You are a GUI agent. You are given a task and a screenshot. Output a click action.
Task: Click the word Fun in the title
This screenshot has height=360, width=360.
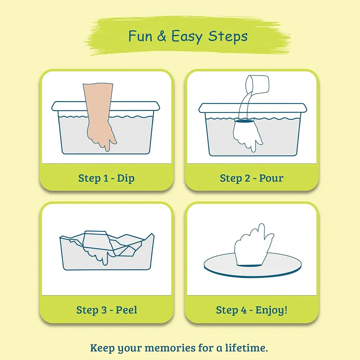pyautogui.click(x=140, y=36)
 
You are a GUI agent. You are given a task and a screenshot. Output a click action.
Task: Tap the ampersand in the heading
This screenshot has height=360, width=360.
pyautogui.click(x=162, y=36)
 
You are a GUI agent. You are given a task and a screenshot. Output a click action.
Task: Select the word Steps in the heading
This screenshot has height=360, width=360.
pyautogui.click(x=228, y=37)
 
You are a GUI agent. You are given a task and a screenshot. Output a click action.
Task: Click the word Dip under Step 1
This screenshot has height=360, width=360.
pyautogui.click(x=126, y=179)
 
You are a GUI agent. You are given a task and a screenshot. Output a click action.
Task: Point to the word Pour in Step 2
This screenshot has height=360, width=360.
pyautogui.click(x=271, y=178)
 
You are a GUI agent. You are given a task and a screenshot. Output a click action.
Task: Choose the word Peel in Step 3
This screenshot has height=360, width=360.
pyautogui.click(x=126, y=310)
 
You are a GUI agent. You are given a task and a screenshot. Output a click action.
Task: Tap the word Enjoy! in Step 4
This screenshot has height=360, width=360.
pyautogui.click(x=271, y=310)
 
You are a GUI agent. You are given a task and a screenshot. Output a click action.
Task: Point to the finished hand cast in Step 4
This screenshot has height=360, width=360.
pyautogui.click(x=253, y=245)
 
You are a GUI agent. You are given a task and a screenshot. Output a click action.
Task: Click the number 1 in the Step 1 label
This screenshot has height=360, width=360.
pyautogui.click(x=105, y=178)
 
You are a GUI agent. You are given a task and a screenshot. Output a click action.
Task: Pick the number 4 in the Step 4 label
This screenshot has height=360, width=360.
pyautogui.click(x=244, y=310)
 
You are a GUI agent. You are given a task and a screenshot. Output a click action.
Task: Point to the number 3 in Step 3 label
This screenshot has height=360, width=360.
pyautogui.click(x=104, y=310)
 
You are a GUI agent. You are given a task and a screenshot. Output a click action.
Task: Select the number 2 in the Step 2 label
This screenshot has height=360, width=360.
pyautogui.click(x=247, y=178)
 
